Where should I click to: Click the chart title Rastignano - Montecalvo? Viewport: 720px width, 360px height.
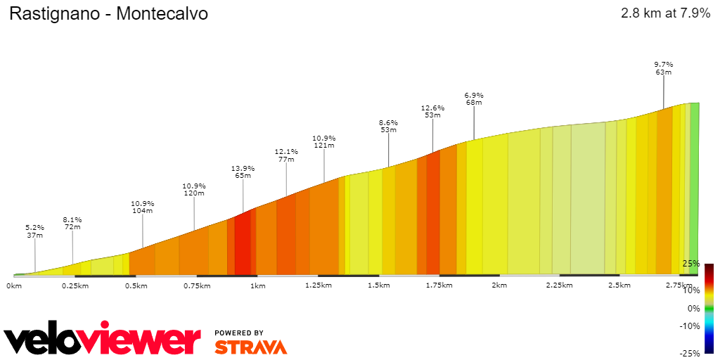(x=108, y=14)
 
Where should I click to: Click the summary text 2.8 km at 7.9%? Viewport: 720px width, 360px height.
(x=665, y=13)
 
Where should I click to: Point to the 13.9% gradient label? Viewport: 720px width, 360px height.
(x=243, y=169)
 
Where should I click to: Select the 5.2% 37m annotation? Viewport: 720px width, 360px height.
(x=35, y=231)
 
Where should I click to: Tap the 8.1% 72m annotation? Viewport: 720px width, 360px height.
(x=72, y=224)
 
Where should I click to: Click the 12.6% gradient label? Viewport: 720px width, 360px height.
(x=432, y=108)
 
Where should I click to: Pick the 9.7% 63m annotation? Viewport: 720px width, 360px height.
(x=664, y=68)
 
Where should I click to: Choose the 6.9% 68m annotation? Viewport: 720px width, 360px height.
(x=474, y=99)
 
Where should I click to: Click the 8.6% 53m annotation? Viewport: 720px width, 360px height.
(x=389, y=126)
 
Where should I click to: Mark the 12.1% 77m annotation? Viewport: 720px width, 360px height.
(x=286, y=155)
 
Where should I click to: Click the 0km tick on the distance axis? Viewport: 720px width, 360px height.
(x=14, y=285)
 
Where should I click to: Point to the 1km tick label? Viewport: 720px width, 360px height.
(x=257, y=285)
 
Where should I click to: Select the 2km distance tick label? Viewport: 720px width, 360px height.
(x=499, y=285)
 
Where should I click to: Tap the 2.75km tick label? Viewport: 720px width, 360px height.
(x=679, y=285)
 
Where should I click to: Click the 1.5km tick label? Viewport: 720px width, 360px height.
(x=378, y=285)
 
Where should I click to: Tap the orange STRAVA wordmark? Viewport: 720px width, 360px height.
(x=250, y=347)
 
